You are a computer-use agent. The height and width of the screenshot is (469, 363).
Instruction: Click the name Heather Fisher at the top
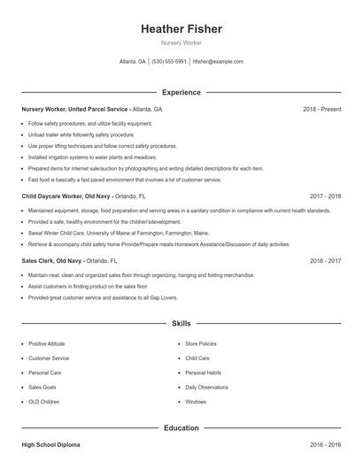coord(181,29)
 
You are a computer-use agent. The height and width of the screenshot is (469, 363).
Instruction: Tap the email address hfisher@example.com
coord(218,62)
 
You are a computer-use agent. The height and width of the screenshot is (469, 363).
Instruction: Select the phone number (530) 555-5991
coord(169,62)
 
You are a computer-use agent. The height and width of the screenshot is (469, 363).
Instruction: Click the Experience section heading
coord(181,92)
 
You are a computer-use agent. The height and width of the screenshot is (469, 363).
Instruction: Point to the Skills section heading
coord(181,324)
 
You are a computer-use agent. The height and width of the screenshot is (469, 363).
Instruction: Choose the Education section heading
coord(181,428)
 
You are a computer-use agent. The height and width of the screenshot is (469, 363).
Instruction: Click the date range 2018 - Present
coord(321,109)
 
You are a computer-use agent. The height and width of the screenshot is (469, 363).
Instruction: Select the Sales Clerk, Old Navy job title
coord(53,262)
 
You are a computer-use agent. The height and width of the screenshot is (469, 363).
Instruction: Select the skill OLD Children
coord(44,402)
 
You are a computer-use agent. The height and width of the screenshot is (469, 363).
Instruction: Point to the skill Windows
coord(196,402)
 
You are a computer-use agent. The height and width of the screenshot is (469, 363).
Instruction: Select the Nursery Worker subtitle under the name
coord(181,42)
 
